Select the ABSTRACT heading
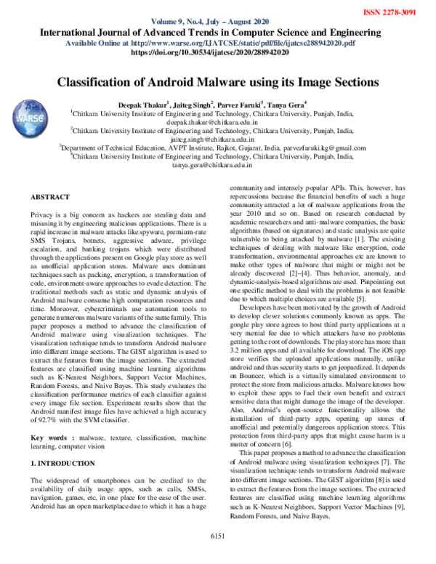click(50, 198)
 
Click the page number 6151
click(218, 556)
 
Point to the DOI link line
click(217, 53)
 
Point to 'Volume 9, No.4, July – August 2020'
click(217, 22)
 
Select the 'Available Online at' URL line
click(217, 43)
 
